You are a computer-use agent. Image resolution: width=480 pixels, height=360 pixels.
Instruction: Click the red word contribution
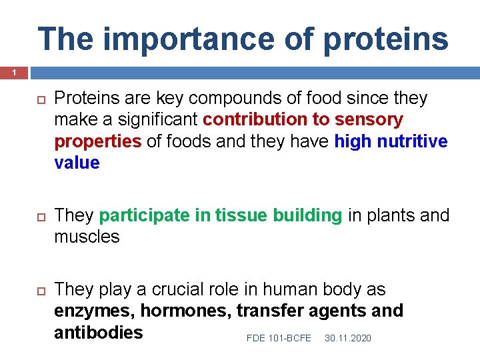point(258,120)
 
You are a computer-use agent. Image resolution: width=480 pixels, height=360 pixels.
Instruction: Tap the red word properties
point(97,142)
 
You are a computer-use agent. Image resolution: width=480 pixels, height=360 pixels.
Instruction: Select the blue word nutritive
point(412,141)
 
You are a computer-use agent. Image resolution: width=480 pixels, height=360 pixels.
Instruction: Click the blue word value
point(77,163)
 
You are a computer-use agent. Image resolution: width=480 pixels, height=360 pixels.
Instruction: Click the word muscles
point(87,237)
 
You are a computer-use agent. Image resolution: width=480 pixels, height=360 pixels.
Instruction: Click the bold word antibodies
point(99,332)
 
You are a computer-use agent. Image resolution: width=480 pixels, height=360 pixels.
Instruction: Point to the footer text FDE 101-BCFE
point(279,339)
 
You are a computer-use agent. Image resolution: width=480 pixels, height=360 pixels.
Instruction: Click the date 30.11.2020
point(347,339)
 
